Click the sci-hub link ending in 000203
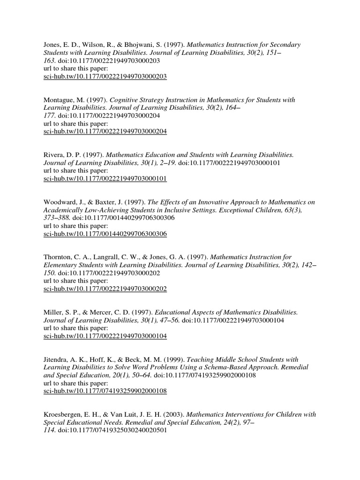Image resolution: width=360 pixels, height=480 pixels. pyautogui.click(x=105, y=76)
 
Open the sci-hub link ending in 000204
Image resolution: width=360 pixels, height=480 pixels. pyautogui.click(x=105, y=131)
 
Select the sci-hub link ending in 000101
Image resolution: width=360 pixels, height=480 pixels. pyautogui.click(x=105, y=179)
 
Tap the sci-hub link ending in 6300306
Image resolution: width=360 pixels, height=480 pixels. pyautogui.click(x=105, y=233)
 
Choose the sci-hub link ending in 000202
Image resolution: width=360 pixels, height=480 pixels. pyautogui.click(x=105, y=289)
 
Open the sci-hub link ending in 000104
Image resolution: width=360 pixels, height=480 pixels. pyautogui.click(x=105, y=336)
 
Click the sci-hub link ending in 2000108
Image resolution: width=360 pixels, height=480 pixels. pyautogui.click(x=105, y=391)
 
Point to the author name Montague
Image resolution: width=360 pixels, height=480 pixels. pyautogui.click(x=59, y=100)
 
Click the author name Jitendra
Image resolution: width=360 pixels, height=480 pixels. pyautogui.click(x=56, y=360)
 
